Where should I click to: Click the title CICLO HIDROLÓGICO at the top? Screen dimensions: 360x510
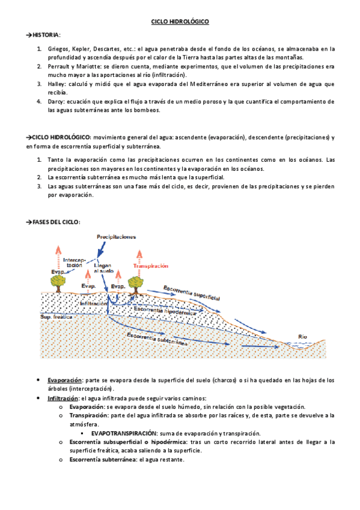coord(179,22)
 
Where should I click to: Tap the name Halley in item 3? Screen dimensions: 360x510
coord(56,84)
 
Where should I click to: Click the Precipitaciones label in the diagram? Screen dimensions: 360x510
coord(117,236)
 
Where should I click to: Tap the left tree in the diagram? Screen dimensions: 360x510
coord(58,281)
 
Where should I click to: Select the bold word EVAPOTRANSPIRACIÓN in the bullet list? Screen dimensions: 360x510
coord(124,433)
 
